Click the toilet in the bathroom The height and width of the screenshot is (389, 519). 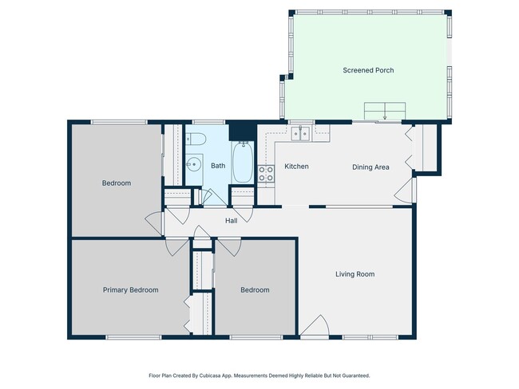[x=199, y=140]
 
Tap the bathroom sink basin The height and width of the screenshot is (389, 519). [x=193, y=166]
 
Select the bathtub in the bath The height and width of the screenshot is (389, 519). [x=243, y=163]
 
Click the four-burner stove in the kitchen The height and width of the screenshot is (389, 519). [x=266, y=173]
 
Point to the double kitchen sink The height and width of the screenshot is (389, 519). [x=300, y=134]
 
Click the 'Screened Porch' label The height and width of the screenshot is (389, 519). [x=368, y=70]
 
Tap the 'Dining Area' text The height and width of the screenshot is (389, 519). [x=370, y=167]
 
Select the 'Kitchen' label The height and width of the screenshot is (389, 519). [x=296, y=167]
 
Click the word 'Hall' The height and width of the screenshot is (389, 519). [x=231, y=221]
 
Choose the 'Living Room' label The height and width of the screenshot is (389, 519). [x=355, y=274]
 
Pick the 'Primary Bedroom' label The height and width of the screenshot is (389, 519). [x=130, y=290]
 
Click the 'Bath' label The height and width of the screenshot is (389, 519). [x=218, y=166]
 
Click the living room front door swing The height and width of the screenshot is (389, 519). [x=315, y=328]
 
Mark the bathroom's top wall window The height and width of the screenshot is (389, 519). [x=207, y=122]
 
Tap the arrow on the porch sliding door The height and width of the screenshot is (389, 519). [x=385, y=116]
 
